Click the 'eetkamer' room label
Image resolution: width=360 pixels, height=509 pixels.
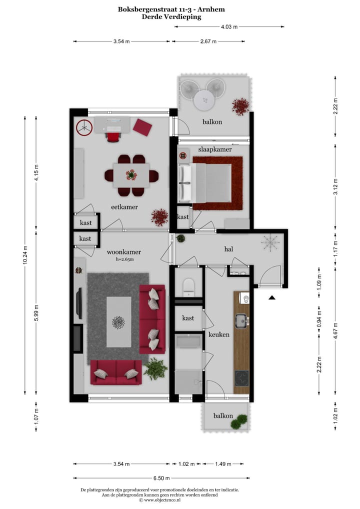click(124, 206)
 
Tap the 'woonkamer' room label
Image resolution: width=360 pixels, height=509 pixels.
click(123, 252)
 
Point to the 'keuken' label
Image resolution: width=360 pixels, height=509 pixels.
click(218, 334)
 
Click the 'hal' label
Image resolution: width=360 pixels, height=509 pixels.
click(229, 248)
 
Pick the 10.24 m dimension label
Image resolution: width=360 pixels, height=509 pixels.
click(25, 254)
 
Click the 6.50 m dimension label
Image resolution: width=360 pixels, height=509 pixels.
click(162, 478)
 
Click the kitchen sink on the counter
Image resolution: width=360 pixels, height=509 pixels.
click(241, 319)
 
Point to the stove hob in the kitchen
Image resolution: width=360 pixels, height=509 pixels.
click(241, 377)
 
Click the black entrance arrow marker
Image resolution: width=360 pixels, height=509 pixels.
click(271, 298)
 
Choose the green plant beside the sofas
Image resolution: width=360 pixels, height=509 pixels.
click(155, 369)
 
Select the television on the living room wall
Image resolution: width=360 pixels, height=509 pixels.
click(78, 303)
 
